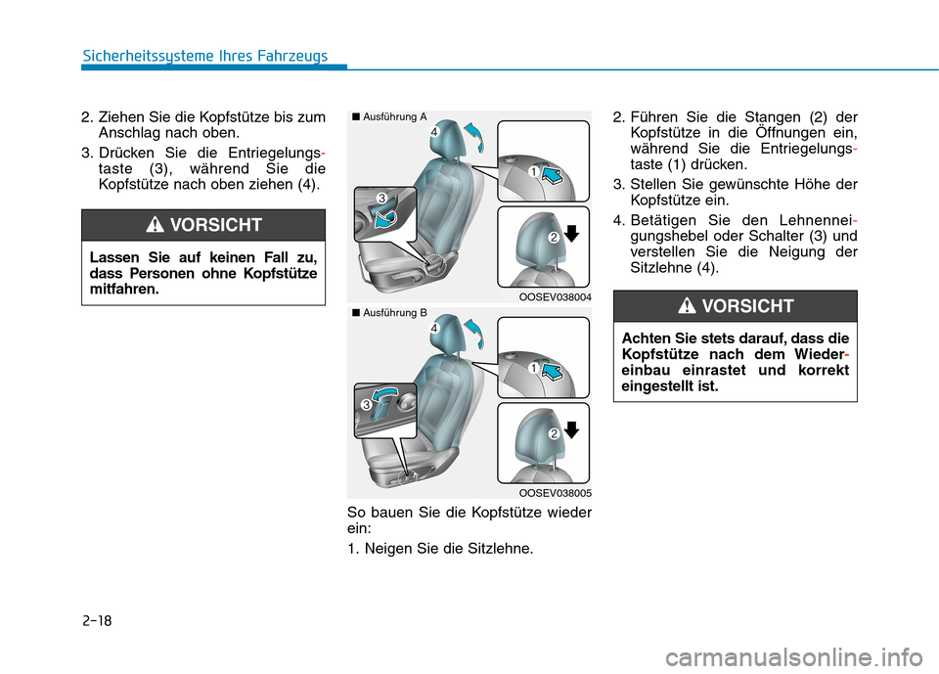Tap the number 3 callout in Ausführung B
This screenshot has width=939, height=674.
(364, 404)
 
